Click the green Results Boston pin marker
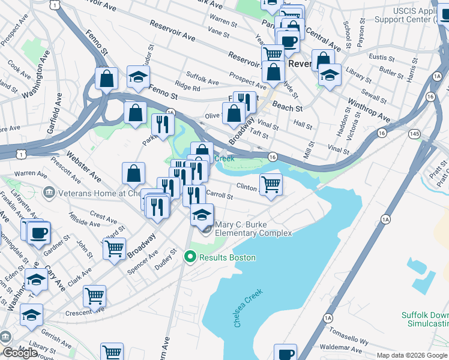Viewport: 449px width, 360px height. coord(190,257)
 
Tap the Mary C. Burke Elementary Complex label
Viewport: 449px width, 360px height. coord(253,229)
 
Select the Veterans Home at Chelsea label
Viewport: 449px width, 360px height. coord(97,193)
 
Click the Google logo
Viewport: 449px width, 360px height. coord(19,352)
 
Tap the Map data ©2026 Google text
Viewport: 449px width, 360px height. coord(412,355)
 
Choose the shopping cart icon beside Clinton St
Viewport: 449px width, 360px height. coord(271,184)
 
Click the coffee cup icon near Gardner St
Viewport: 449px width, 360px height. coord(39,233)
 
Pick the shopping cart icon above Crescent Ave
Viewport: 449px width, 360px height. coord(94,295)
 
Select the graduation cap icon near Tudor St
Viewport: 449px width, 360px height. coord(138,77)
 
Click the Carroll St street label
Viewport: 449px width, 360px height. coord(219,196)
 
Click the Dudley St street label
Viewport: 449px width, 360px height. coord(167,259)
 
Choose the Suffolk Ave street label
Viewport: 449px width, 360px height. coord(202,79)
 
